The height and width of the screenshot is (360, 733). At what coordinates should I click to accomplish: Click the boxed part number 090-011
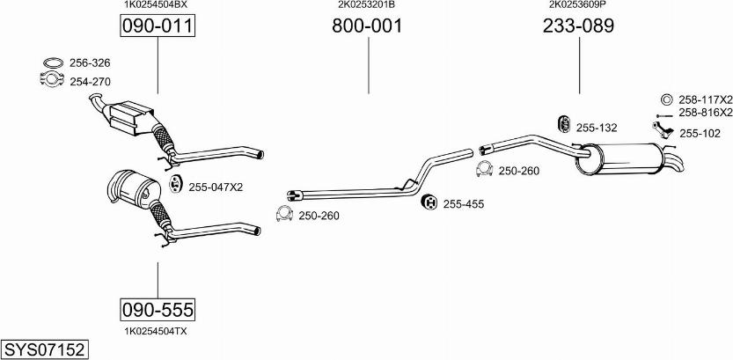[x=157, y=26]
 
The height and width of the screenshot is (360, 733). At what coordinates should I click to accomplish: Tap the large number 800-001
[x=367, y=26]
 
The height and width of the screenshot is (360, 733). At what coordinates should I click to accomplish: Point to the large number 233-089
[x=578, y=26]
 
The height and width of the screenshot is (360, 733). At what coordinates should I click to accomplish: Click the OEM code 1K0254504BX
[x=155, y=4]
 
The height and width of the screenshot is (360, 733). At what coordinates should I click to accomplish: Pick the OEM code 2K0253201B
[x=366, y=4]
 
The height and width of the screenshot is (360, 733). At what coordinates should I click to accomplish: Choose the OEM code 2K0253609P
[x=577, y=4]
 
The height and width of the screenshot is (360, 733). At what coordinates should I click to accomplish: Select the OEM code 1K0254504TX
[x=155, y=331]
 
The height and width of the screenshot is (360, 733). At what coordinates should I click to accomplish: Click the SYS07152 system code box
[x=44, y=350]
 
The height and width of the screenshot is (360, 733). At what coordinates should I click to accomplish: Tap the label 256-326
[x=91, y=63]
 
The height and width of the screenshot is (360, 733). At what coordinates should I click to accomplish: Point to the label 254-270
[x=91, y=82]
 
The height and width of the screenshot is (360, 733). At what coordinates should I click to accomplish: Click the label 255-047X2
[x=216, y=187]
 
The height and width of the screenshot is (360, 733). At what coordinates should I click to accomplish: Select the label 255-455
[x=464, y=204]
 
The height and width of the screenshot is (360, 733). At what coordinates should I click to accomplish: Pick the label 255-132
[x=597, y=128]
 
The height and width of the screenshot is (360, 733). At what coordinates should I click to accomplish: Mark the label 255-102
[x=700, y=134]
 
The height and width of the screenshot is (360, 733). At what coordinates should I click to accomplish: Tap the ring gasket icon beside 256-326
[x=53, y=63]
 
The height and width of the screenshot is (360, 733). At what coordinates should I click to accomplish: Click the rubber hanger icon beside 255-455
[x=430, y=203]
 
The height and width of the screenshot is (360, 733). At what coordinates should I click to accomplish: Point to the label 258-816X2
[x=705, y=114]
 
